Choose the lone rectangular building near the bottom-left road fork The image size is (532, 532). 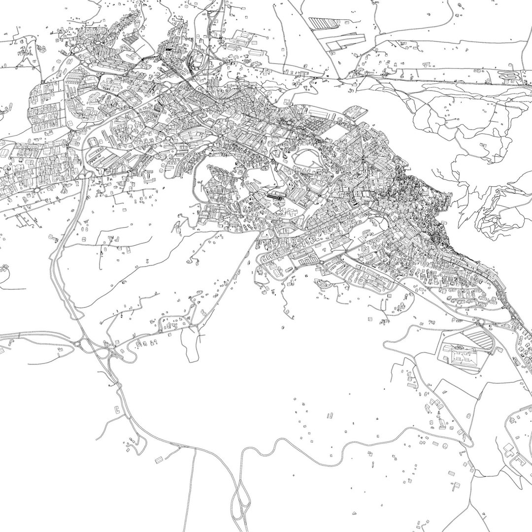(160, 460)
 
